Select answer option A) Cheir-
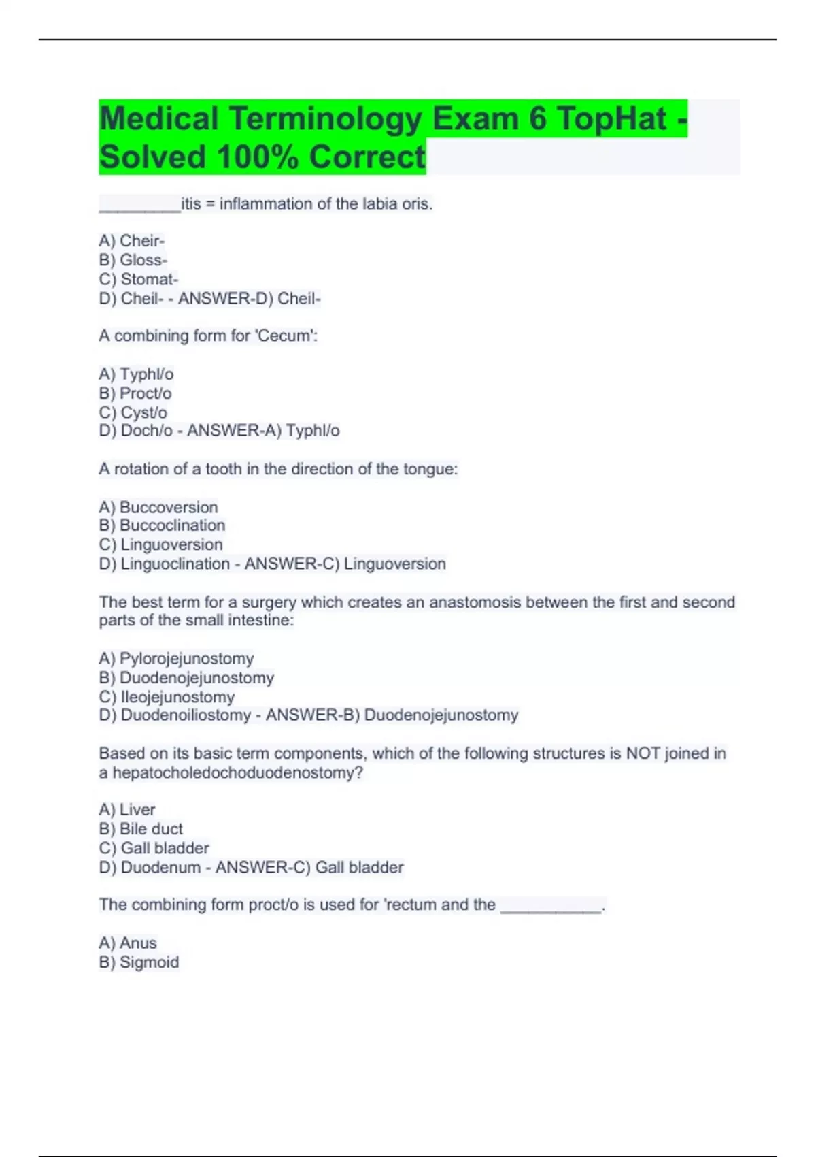132,241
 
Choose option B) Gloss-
133,260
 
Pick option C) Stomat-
139,279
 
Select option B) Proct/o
135,393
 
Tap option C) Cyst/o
133,412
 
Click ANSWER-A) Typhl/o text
263,431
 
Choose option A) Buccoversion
158,507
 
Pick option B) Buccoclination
162,525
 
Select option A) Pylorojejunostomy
176,659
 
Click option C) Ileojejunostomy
167,697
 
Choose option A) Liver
127,810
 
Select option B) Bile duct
141,829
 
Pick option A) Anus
128,943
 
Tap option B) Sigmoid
139,962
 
